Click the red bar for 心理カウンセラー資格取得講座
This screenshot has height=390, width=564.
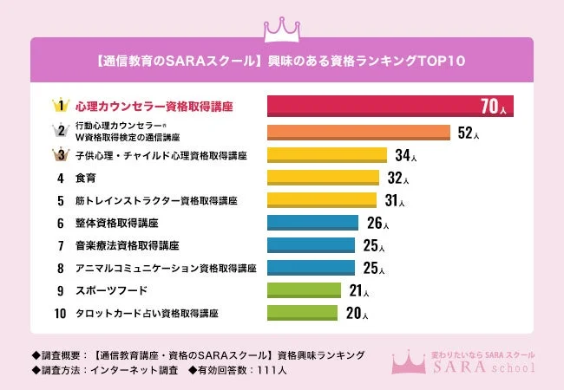(x=389, y=107)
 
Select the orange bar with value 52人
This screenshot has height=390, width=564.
(x=357, y=133)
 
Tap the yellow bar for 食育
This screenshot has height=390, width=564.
(x=323, y=178)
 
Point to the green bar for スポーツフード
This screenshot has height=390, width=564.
(x=305, y=290)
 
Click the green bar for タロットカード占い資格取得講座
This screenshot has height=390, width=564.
(x=302, y=313)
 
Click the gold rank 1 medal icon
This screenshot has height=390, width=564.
(x=60, y=107)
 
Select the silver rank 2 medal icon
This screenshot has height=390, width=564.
(x=60, y=132)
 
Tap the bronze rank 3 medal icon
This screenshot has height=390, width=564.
(x=60, y=156)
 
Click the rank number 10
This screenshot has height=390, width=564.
(x=60, y=313)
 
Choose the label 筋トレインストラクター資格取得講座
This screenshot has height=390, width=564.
(x=156, y=200)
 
